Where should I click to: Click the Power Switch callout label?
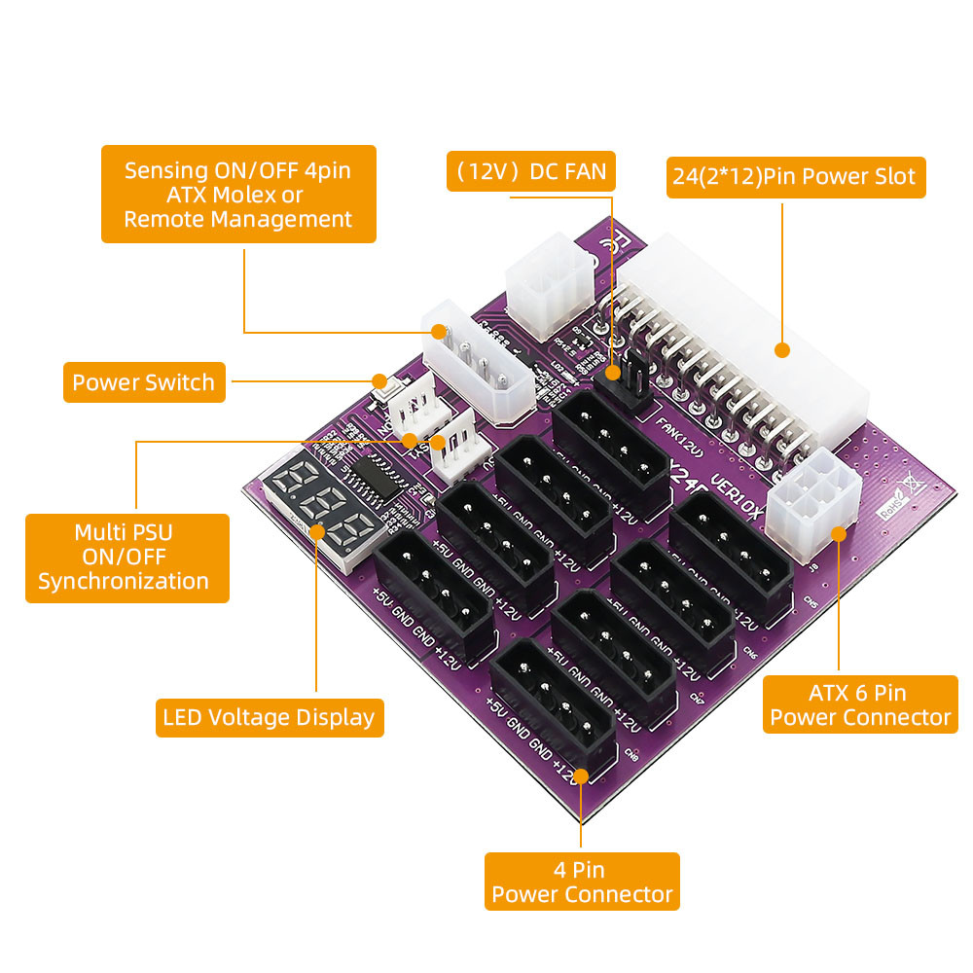(x=144, y=382)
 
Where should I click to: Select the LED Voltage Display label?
(x=269, y=718)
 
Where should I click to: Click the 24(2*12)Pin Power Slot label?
(x=794, y=177)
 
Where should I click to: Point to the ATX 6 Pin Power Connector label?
(x=860, y=705)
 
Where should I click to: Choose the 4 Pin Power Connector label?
(x=582, y=882)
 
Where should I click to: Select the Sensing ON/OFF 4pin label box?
(x=238, y=195)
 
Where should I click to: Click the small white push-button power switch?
(x=382, y=386)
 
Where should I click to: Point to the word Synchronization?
(x=124, y=582)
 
